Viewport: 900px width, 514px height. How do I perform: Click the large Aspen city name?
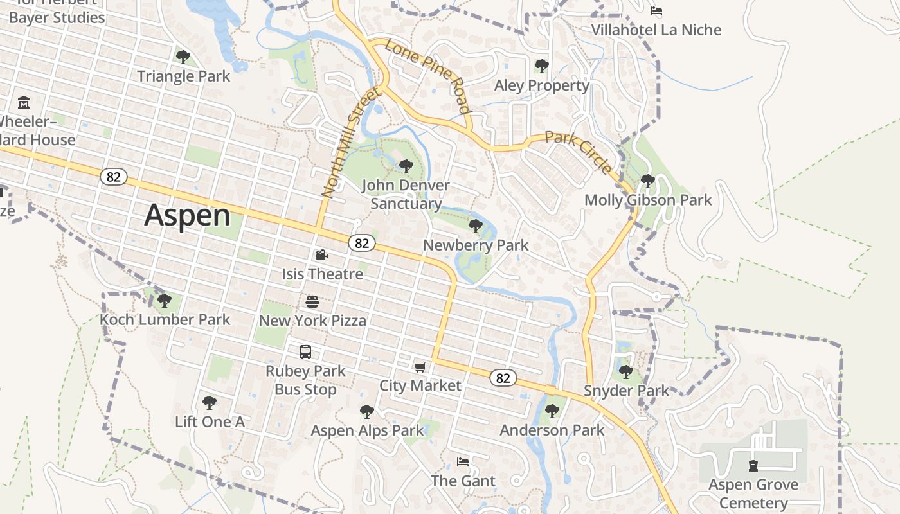pyautogui.click(x=187, y=215)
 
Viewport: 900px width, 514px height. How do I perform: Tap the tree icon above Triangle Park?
pyautogui.click(x=183, y=57)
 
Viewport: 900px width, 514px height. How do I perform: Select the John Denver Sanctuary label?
pyautogui.click(x=406, y=195)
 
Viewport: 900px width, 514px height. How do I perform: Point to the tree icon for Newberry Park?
pyautogui.click(x=476, y=226)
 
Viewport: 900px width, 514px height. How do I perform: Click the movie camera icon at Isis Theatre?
pyautogui.click(x=322, y=255)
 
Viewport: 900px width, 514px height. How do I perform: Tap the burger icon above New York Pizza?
pyautogui.click(x=312, y=302)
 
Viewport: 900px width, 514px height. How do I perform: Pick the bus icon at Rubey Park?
pyautogui.click(x=305, y=352)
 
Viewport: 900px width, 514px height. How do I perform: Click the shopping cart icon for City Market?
pyautogui.click(x=420, y=367)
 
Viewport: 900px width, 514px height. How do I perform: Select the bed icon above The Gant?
pyautogui.click(x=463, y=462)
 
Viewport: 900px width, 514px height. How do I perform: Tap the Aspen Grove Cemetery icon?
pyautogui.click(x=753, y=466)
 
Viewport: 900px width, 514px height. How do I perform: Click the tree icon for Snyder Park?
pyautogui.click(x=626, y=371)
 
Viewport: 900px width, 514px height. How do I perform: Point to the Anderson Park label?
pyautogui.click(x=552, y=430)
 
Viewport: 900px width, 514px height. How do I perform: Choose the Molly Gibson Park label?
pyautogui.click(x=648, y=200)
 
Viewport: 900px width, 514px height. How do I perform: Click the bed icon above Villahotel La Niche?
pyautogui.click(x=656, y=11)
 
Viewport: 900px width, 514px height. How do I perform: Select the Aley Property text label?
pyautogui.click(x=542, y=85)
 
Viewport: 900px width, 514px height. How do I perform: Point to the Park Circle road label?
pyautogui.click(x=579, y=152)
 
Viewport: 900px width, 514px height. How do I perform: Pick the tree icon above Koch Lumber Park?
pyautogui.click(x=165, y=300)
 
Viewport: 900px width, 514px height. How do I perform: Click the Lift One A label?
pyautogui.click(x=210, y=422)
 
